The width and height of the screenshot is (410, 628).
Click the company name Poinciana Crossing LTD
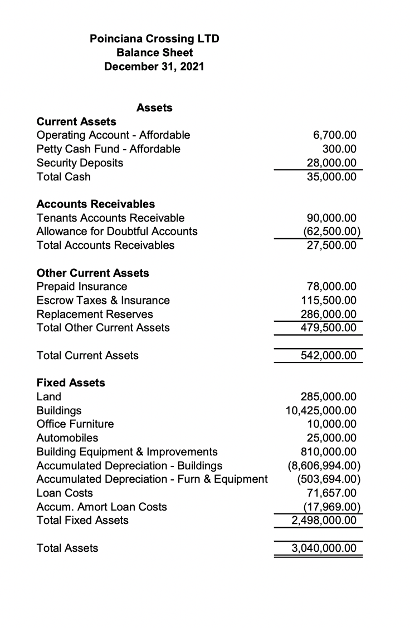[154, 39]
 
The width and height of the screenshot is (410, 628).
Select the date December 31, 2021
[154, 67]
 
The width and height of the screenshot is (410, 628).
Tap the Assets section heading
[154, 108]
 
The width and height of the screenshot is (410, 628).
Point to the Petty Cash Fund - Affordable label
[108, 149]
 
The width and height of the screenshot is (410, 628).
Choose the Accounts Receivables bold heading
[95, 204]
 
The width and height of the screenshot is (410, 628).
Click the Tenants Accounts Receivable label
[110, 218]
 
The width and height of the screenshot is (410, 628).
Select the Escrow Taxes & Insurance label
[103, 301]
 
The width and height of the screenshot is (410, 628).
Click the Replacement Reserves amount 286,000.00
[329, 314]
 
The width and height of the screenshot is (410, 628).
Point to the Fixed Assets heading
[70, 383]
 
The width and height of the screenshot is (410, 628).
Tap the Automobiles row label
[67, 438]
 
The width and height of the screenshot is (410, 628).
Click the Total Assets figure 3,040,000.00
[324, 548]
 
